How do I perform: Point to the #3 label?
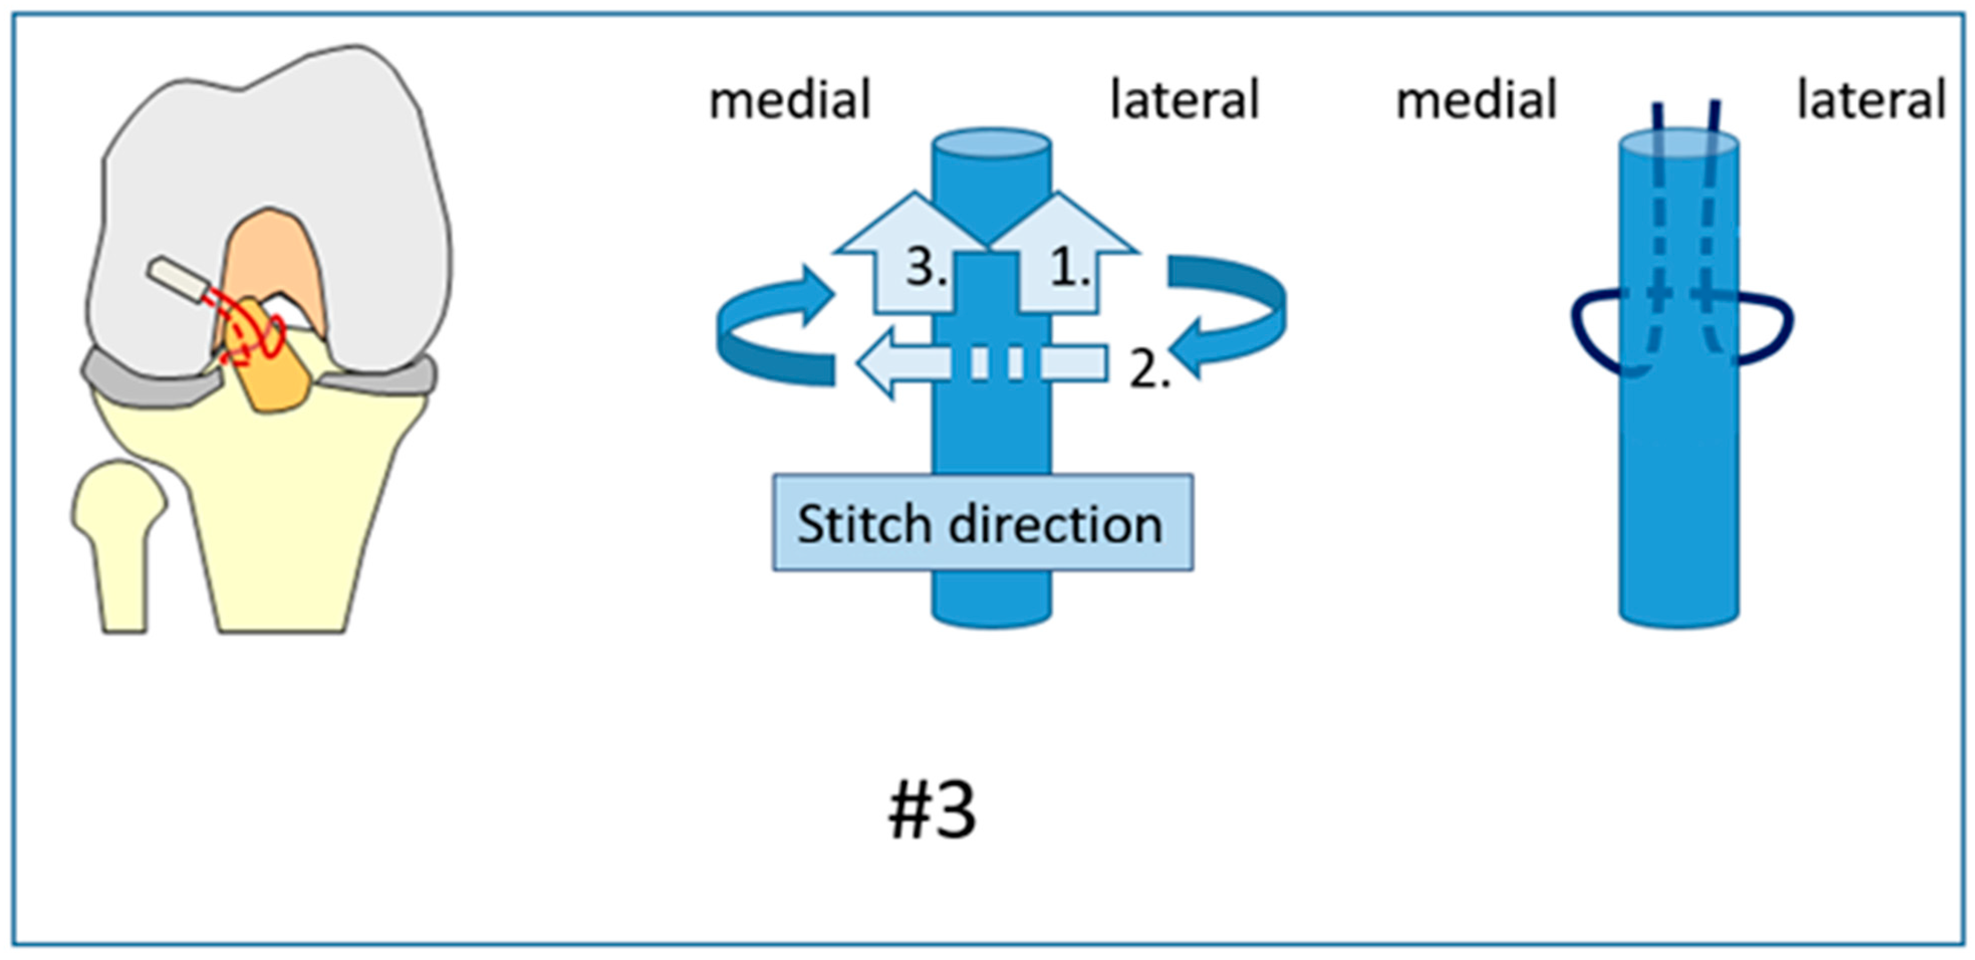932,811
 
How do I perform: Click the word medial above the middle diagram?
789,100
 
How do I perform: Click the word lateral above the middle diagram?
1184,100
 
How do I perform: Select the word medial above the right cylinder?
1476,100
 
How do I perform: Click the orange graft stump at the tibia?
276,383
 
